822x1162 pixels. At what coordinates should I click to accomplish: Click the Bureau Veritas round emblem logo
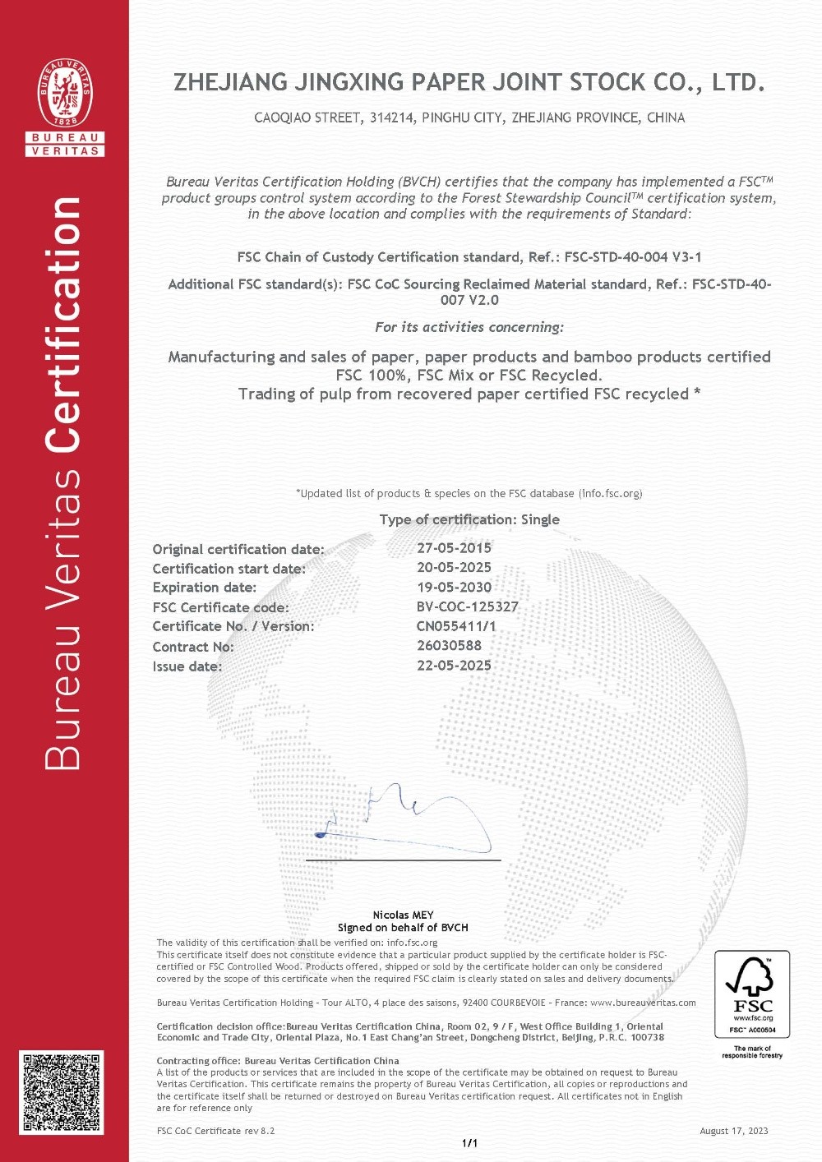pos(65,93)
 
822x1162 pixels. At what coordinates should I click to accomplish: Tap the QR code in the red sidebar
pos(62,1092)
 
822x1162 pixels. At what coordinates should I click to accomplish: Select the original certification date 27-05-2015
pos(454,548)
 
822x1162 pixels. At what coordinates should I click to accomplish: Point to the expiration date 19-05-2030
pos(454,588)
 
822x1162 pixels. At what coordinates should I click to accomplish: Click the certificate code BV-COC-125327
pos(467,607)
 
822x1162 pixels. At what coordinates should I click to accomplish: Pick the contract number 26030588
pos(449,646)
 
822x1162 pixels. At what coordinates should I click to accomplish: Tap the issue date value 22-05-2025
pos(454,666)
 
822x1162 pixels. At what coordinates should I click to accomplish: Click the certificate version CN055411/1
pos(456,626)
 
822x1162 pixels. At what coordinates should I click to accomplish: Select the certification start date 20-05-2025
pos(454,568)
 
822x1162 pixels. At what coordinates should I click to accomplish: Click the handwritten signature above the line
pos(403,818)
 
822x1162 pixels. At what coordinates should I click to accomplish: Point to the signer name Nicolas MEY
pos(403,915)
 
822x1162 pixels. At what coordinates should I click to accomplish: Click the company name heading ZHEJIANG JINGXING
pos(469,82)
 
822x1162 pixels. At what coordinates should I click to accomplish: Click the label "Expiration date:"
pos(204,588)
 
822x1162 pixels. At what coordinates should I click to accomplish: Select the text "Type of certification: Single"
pos(469,519)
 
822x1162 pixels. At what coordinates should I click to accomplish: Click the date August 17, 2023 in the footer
pos(733,1131)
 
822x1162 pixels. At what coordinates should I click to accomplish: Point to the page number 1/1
pos(469,1143)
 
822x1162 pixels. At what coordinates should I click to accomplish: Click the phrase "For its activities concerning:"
pos(469,327)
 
